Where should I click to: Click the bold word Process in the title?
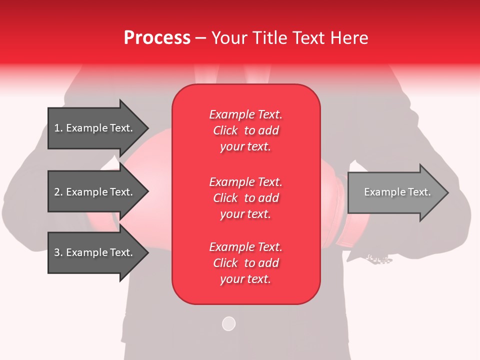tap(157, 38)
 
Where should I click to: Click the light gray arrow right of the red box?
tap(395, 192)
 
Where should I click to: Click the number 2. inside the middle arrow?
tap(58, 192)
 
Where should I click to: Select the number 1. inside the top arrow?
tap(58, 128)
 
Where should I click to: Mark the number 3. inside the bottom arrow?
tap(58, 252)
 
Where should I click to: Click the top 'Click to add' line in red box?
tap(245, 130)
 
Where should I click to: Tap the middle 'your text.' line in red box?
tap(245, 214)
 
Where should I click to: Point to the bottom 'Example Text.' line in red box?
tap(245, 247)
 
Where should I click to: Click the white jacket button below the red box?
tap(228, 323)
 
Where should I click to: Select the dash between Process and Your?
tap(200, 38)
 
